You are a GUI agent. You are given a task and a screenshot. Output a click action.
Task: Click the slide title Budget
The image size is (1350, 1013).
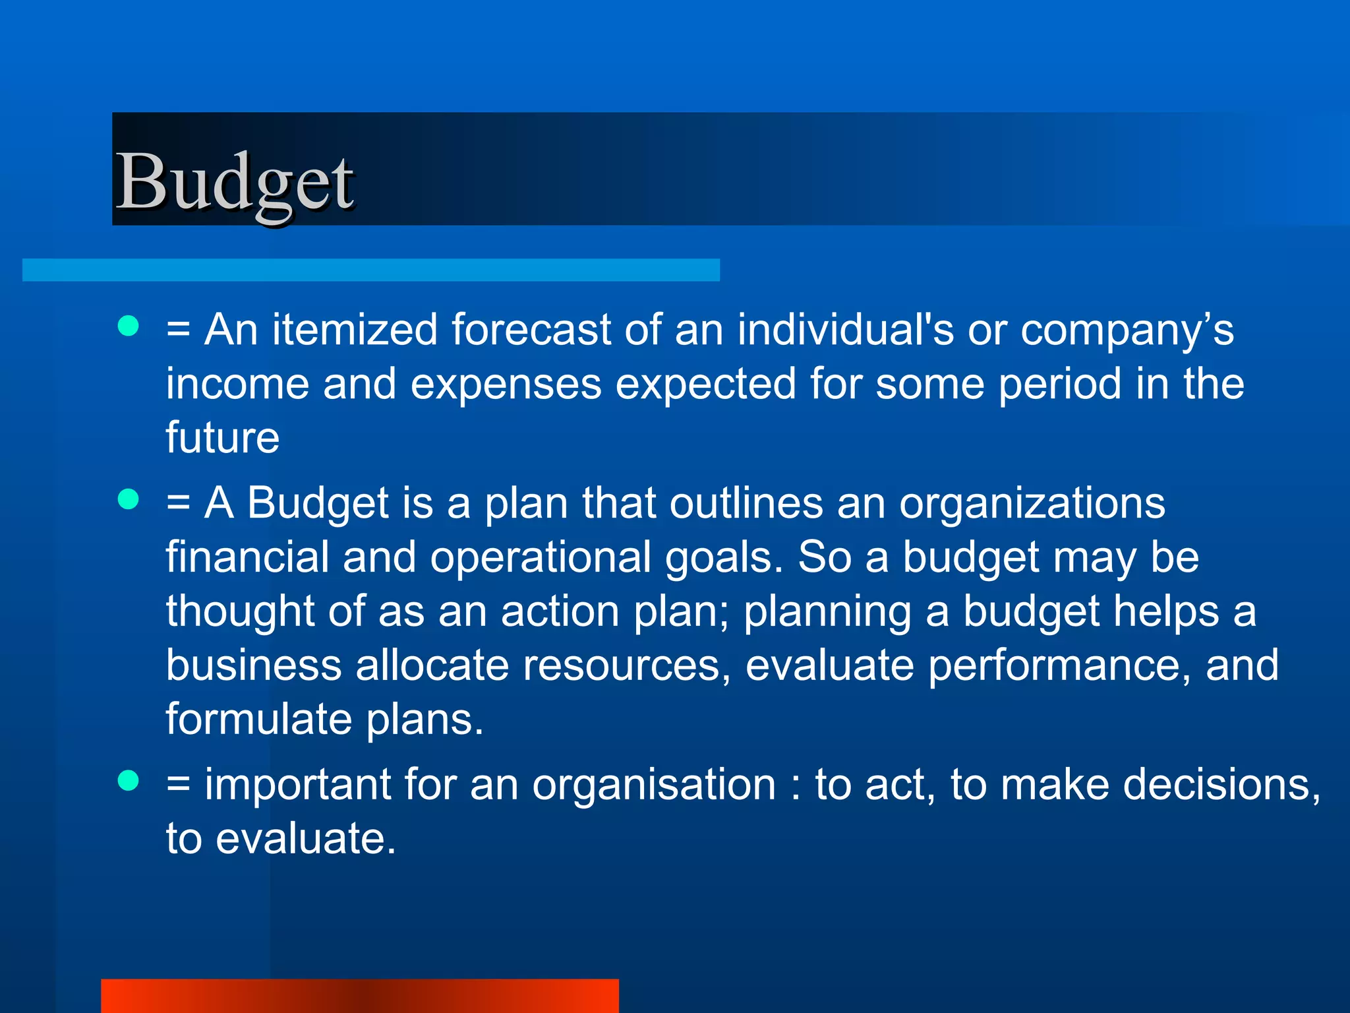235,181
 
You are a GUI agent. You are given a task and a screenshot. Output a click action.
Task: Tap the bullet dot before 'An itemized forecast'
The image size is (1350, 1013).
129,325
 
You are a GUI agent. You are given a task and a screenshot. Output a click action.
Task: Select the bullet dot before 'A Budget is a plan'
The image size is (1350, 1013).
129,499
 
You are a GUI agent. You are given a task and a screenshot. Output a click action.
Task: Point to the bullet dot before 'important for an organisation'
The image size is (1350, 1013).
129,780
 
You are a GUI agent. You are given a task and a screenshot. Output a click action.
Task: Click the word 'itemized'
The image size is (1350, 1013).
355,329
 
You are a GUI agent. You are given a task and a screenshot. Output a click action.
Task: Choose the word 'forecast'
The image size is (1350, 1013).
531,329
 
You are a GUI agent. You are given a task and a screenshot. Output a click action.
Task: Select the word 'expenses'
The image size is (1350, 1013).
506,384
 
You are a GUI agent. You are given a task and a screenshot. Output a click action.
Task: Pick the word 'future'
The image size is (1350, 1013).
223,437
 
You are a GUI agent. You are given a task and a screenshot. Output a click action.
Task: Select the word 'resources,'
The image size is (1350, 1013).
627,665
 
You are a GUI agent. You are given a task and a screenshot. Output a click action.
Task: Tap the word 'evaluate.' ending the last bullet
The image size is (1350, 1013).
306,839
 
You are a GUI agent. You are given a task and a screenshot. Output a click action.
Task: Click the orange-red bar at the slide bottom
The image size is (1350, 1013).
360,995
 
